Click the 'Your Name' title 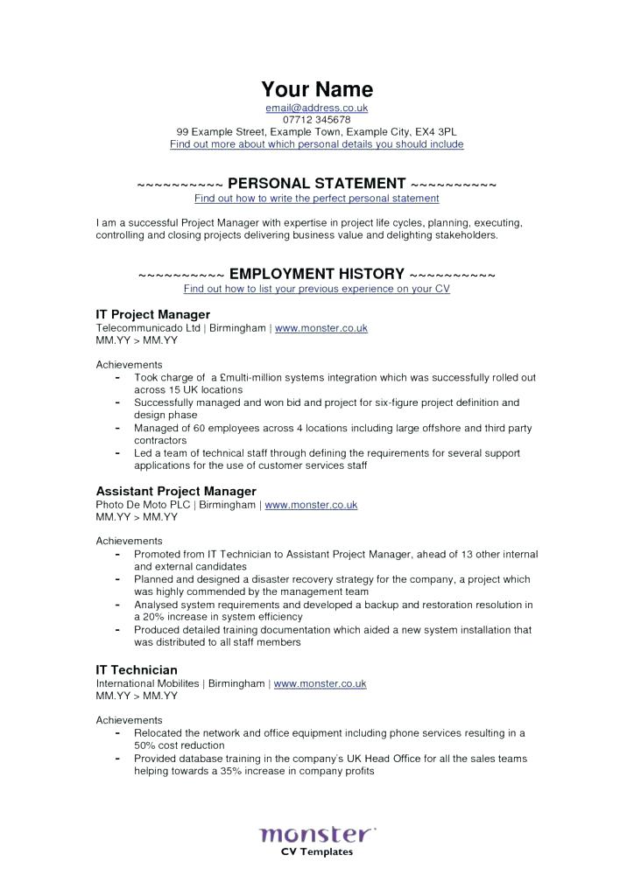(x=316, y=89)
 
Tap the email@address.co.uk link (x=316, y=108)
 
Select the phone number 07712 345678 (x=316, y=120)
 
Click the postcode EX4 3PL (x=436, y=132)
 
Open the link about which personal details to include (x=316, y=144)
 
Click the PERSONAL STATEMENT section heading (x=316, y=184)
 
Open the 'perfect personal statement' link (x=316, y=199)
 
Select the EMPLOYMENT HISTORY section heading (x=316, y=274)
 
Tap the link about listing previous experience (x=316, y=289)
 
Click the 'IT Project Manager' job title (x=152, y=313)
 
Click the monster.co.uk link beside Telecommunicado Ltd (x=321, y=328)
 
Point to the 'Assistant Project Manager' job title (x=175, y=491)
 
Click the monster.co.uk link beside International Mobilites (x=320, y=683)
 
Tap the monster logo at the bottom (x=316, y=833)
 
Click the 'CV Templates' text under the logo (x=316, y=851)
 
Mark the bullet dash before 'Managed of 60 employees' (x=117, y=429)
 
